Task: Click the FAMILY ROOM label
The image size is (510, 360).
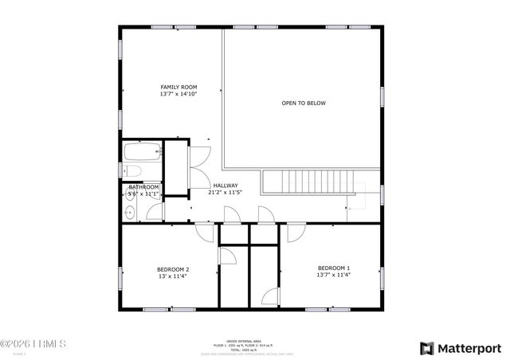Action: (x=178, y=87)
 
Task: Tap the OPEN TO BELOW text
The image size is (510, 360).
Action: (x=304, y=103)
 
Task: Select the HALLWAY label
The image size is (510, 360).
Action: (x=225, y=186)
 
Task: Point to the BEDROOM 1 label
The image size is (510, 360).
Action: (x=333, y=268)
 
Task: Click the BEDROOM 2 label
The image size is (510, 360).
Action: (x=173, y=269)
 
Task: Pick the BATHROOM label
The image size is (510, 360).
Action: (x=144, y=187)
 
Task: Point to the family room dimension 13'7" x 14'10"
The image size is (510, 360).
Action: (x=178, y=94)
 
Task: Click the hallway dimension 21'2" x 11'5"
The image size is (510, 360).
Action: (x=225, y=193)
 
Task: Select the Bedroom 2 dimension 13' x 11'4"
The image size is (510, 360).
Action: (x=173, y=276)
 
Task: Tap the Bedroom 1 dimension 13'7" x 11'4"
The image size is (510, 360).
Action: (x=333, y=275)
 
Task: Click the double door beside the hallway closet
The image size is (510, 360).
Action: (x=199, y=159)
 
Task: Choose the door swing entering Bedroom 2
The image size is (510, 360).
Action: (x=206, y=232)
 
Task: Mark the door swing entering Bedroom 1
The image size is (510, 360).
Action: (x=296, y=233)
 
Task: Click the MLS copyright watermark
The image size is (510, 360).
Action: (x=33, y=344)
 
